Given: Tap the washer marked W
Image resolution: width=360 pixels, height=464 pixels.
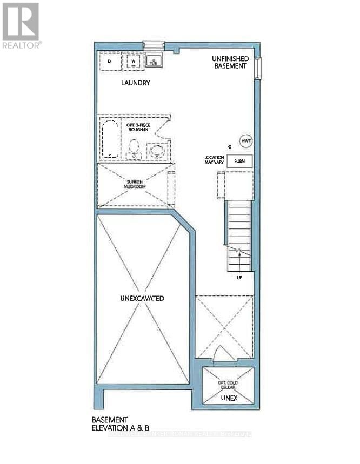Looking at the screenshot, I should pyautogui.click(x=133, y=62).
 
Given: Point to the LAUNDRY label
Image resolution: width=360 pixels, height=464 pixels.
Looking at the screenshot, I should pyautogui.click(x=135, y=83).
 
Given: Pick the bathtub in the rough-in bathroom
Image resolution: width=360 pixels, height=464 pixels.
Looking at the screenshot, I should pyautogui.click(x=110, y=139).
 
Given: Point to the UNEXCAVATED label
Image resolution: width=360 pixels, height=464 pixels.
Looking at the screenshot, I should pyautogui.click(x=142, y=298).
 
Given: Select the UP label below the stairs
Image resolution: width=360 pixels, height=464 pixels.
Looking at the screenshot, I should pyautogui.click(x=239, y=278).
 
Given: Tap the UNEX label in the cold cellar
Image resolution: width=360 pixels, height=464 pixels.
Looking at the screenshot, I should pyautogui.click(x=228, y=398).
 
